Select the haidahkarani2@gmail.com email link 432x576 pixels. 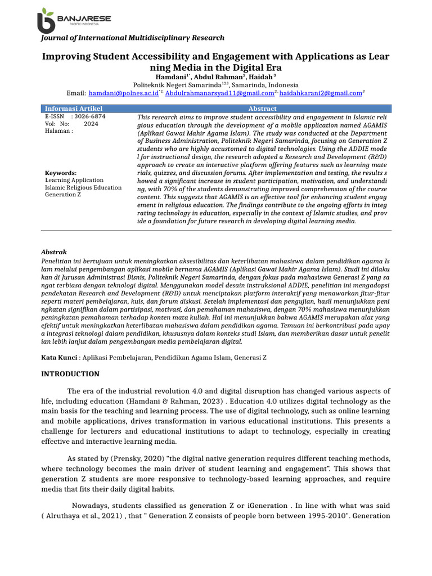click(x=320, y=93)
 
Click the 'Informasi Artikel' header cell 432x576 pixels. click(x=74, y=109)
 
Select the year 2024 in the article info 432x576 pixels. click(x=91, y=124)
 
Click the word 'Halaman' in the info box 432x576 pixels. click(x=57, y=131)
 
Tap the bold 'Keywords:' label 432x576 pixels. click(x=61, y=173)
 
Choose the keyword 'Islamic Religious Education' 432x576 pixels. click(x=83, y=187)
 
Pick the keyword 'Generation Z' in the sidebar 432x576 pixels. click(x=64, y=195)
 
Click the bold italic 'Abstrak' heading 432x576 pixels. click(x=55, y=252)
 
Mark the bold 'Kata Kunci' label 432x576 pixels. click(x=59, y=357)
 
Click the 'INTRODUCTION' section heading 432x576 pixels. click(x=71, y=374)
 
